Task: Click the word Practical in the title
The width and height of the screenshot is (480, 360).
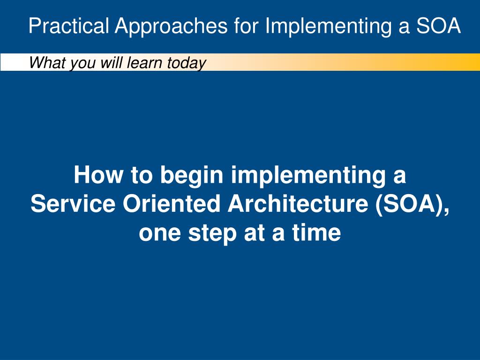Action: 69,25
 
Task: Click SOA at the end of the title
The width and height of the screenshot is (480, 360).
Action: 438,25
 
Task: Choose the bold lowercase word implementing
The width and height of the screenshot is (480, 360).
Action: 308,176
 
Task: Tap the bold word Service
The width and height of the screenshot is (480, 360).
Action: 73,203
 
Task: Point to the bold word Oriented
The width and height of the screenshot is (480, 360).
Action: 172,203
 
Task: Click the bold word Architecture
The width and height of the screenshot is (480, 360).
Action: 298,203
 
